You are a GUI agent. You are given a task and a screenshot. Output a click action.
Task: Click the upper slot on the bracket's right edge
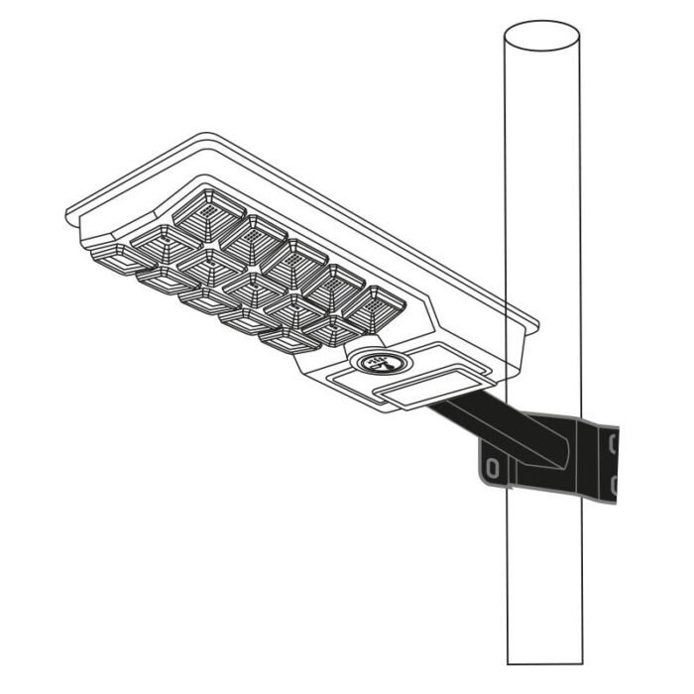(x=614, y=439)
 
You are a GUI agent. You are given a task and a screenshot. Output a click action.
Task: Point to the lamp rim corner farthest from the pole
(x=69, y=212)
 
